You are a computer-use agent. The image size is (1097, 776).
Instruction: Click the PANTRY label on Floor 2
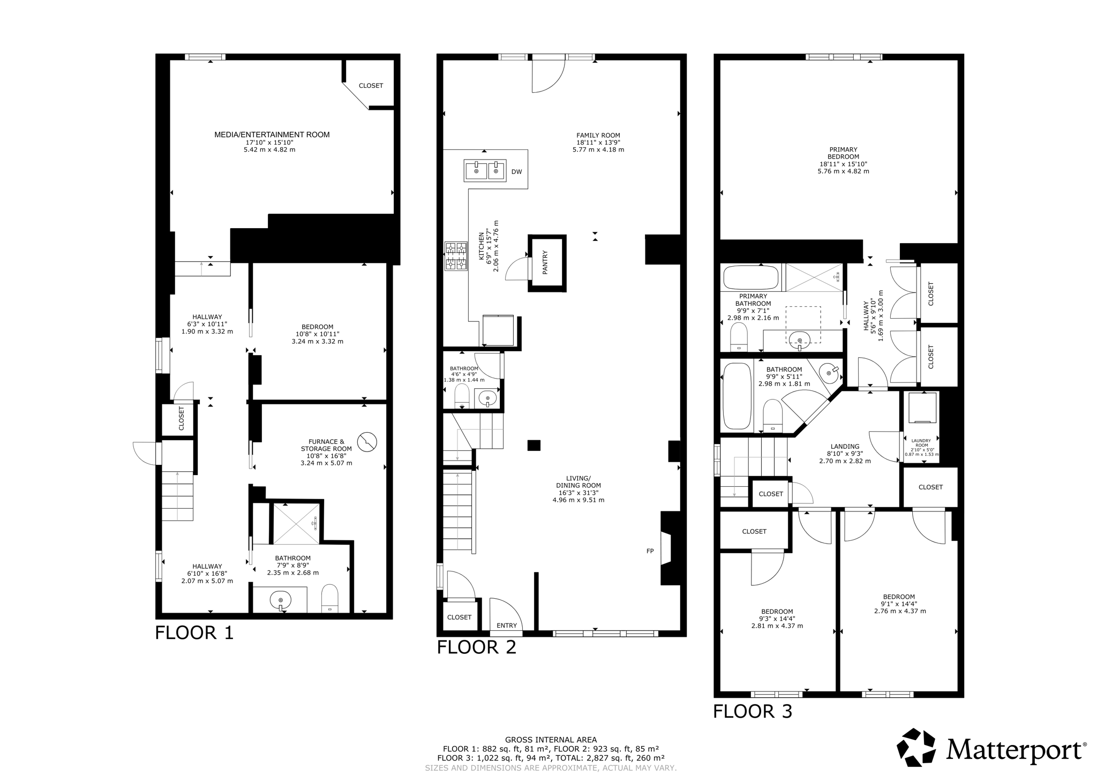[x=545, y=263]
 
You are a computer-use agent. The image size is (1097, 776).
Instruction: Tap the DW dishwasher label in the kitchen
[x=516, y=172]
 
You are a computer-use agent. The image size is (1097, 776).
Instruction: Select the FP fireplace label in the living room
[x=650, y=551]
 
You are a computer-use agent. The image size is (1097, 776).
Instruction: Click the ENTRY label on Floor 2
[x=506, y=626]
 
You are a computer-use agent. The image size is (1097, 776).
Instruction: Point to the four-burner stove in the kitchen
[x=455, y=256]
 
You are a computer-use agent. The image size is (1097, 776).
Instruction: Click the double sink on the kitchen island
[x=485, y=171]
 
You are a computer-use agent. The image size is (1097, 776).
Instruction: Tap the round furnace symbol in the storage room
[x=367, y=442]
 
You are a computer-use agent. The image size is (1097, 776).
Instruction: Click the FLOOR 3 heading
[x=752, y=712]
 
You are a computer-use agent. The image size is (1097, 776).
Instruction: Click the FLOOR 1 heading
[x=194, y=633]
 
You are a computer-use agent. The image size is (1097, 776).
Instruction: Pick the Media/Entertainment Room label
[x=272, y=135]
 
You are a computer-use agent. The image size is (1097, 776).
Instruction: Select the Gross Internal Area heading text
[x=550, y=740]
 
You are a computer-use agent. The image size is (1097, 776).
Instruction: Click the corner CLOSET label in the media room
[x=371, y=86]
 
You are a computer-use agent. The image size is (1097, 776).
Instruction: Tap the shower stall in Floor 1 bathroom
[x=296, y=523]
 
